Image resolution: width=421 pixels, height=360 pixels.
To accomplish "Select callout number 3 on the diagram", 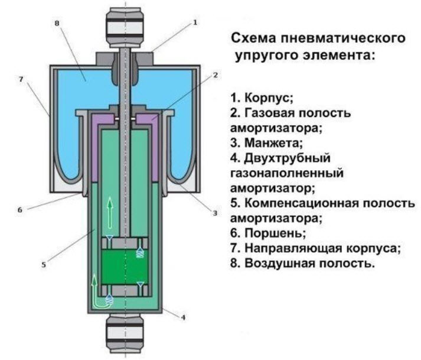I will pyautogui.click(x=215, y=212).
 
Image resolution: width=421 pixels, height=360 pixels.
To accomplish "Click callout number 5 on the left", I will pyautogui.click(x=44, y=265).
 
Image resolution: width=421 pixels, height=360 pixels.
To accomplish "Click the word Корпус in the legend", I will pyautogui.click(x=267, y=96).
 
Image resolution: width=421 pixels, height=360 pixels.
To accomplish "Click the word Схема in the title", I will pyautogui.click(x=253, y=38).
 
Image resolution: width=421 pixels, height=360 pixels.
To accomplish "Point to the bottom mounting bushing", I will pyautogui.click(x=124, y=335).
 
